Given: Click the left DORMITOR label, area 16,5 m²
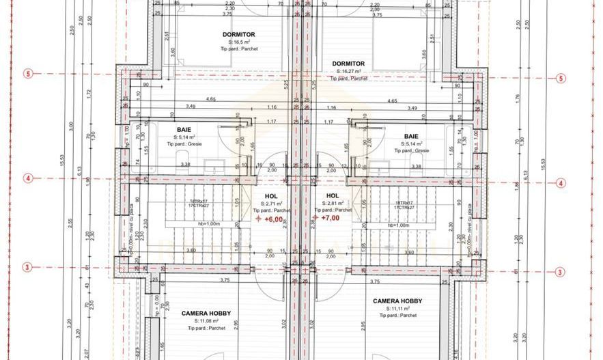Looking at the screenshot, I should [238, 33].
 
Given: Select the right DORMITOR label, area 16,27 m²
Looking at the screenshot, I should [348, 64].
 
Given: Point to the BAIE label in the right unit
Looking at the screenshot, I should [411, 136].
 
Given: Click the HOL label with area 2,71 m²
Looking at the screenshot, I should [271, 195].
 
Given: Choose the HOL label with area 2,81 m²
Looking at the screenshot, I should [333, 195].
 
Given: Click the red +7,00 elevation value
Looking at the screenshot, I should [332, 219].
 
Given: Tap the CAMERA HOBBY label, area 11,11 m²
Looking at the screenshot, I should [397, 301].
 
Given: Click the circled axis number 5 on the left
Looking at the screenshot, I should [28, 74].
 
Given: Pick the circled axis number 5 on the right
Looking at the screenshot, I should [561, 78].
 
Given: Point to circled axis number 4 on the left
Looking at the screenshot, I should [28, 178].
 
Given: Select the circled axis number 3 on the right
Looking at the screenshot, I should [561, 272].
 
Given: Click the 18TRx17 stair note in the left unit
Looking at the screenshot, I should [200, 202].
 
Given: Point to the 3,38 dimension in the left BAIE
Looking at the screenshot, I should [184, 165].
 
